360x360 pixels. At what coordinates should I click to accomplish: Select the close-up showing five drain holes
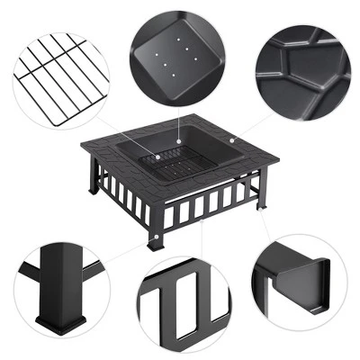point(177,54)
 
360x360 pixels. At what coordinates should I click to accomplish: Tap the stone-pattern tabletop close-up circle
point(301,76)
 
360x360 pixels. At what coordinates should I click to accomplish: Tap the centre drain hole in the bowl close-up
point(177,56)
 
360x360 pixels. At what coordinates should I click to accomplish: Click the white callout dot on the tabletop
point(230,140)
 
